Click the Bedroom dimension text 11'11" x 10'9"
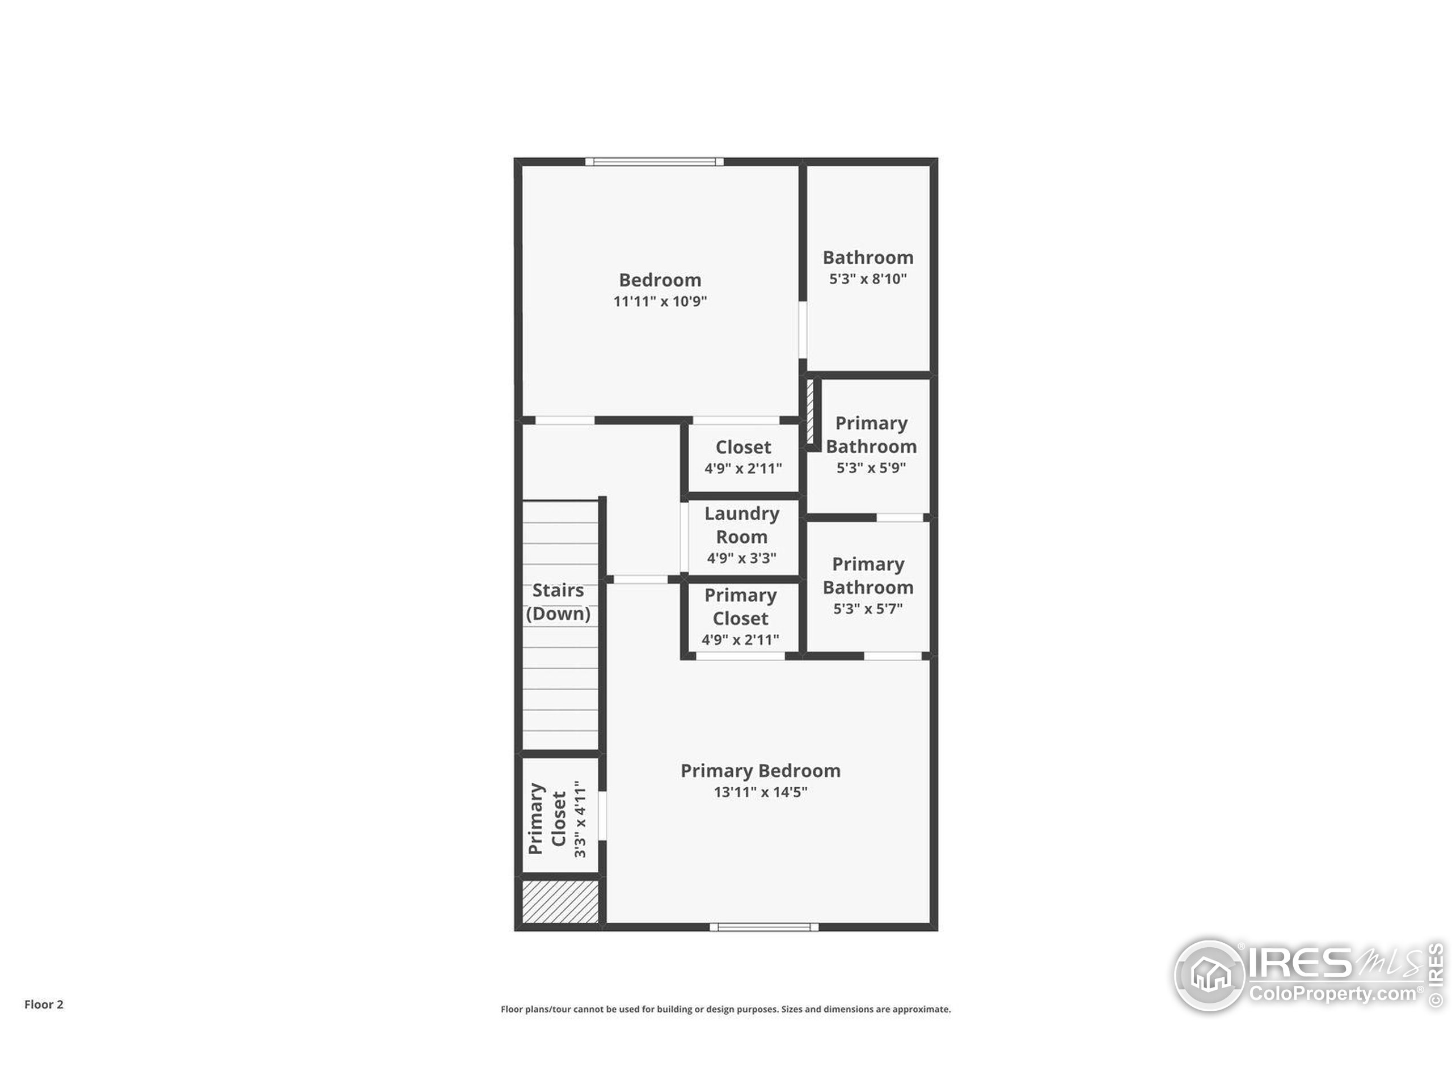pos(660,301)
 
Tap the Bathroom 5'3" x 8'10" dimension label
pos(868,279)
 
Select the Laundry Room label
pos(742,525)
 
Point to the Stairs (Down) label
pos(558,602)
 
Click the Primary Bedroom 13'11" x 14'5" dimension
pos(760,792)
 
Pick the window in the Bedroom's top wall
pos(655,162)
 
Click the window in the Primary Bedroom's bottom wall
pos(764,927)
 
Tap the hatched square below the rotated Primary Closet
pos(560,902)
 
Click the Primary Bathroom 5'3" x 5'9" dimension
pos(871,468)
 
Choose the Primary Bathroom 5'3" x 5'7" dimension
pos(868,609)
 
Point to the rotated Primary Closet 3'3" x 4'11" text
pos(558,818)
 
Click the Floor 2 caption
pos(44,1004)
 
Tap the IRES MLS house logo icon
pos(1209,975)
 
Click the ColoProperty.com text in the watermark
pos(1332,993)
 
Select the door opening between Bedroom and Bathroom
pos(802,330)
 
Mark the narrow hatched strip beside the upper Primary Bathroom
pos(810,412)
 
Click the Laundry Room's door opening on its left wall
pos(684,537)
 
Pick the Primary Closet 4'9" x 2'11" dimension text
pos(740,640)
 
